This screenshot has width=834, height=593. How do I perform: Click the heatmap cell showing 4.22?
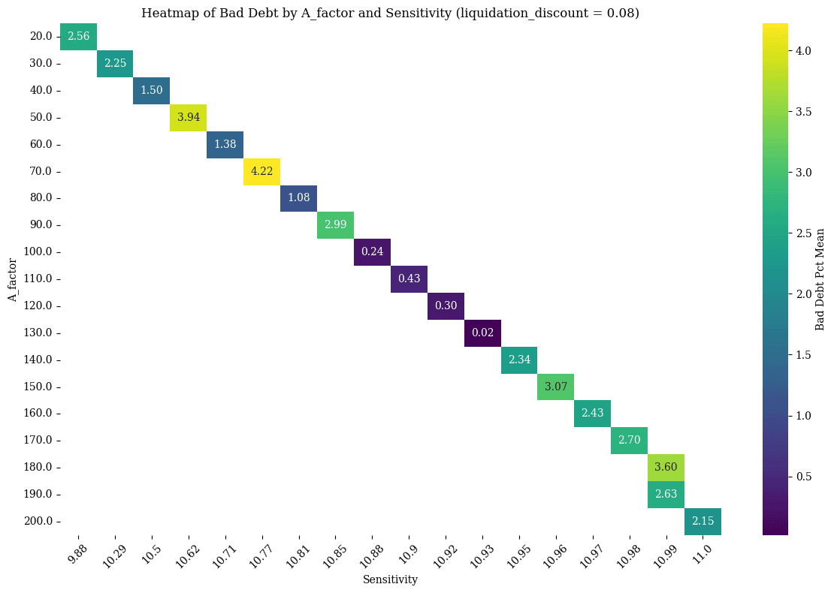(x=261, y=171)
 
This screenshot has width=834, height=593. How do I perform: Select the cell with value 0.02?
(x=482, y=333)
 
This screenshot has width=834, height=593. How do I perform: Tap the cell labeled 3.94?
(x=188, y=117)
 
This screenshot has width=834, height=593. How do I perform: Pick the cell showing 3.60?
(x=666, y=467)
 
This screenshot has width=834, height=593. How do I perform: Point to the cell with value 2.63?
(x=666, y=494)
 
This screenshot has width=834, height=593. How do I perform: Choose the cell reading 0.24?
(x=372, y=251)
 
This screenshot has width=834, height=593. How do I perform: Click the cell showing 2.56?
(x=78, y=37)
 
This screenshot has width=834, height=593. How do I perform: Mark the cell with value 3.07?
(x=556, y=387)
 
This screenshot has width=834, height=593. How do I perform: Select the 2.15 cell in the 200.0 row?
(x=703, y=521)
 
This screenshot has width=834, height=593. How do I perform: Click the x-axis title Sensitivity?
(x=390, y=579)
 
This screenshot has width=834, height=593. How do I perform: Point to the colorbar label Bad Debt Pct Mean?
(x=820, y=278)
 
